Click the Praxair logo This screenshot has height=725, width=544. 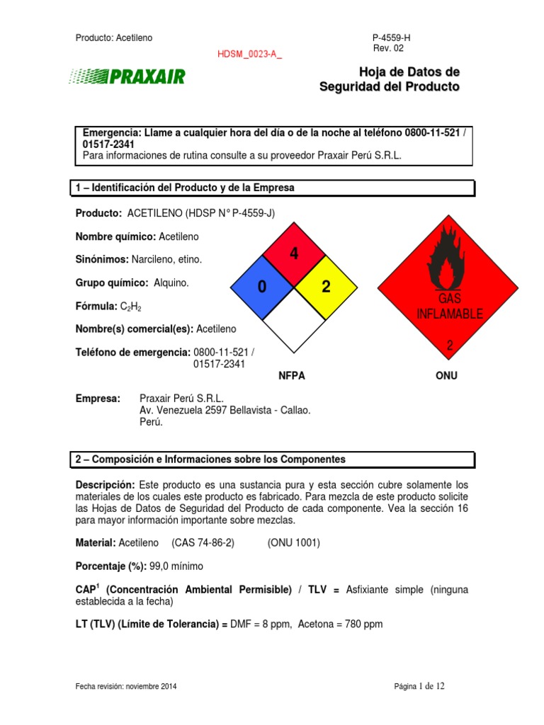(x=127, y=76)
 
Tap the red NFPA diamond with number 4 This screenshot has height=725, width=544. (x=293, y=255)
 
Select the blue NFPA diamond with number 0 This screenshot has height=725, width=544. (x=262, y=287)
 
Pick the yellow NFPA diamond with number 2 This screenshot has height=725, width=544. (x=325, y=287)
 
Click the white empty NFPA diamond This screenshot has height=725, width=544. (x=293, y=320)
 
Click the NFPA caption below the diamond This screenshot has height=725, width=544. (x=292, y=376)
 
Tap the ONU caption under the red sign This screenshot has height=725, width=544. (x=446, y=376)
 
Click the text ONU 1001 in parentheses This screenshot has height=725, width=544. (x=294, y=543)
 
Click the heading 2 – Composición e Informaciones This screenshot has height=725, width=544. (x=210, y=459)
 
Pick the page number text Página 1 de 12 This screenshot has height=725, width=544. (x=421, y=687)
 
